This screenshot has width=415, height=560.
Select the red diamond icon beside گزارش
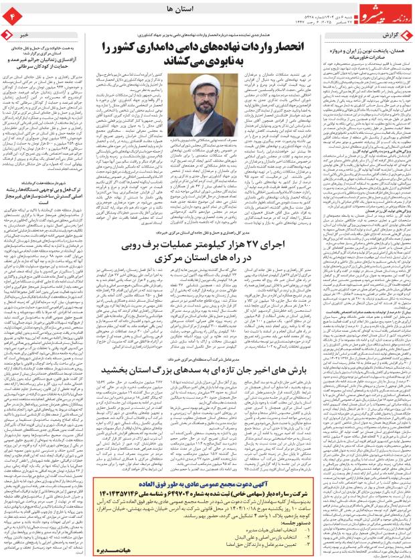click(406, 33)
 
